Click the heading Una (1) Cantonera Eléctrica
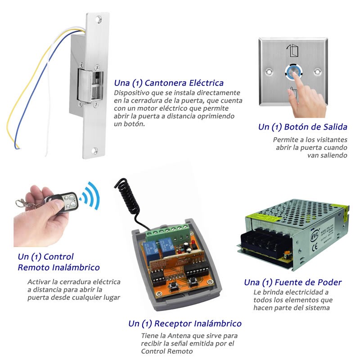[x=169, y=83]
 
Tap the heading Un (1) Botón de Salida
[x=302, y=127]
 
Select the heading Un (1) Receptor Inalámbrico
[x=185, y=324]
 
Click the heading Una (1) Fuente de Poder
[x=293, y=282]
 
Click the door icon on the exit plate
[x=292, y=50]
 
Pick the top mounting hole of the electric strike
[x=99, y=19]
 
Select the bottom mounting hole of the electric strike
[x=94, y=151]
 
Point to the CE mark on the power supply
[x=315, y=247]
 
